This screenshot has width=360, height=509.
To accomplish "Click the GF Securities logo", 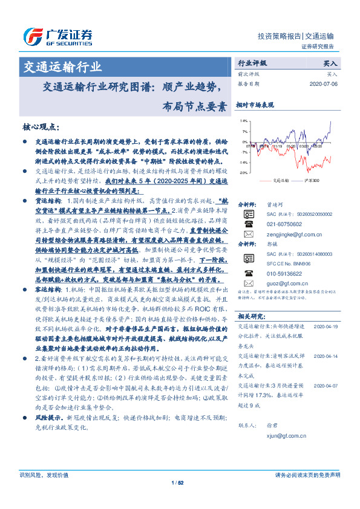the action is pos(57,36).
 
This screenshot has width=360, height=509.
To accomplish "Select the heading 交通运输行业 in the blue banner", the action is pos(62,66).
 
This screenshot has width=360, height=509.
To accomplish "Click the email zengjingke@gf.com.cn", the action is pos(283,233).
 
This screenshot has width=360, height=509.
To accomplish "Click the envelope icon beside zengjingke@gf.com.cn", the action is pos(247,233).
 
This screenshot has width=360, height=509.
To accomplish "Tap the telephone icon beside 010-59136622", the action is pos(247,273).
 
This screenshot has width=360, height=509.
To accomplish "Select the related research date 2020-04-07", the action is pos(327,384).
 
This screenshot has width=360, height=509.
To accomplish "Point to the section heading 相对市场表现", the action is pos(257,105).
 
